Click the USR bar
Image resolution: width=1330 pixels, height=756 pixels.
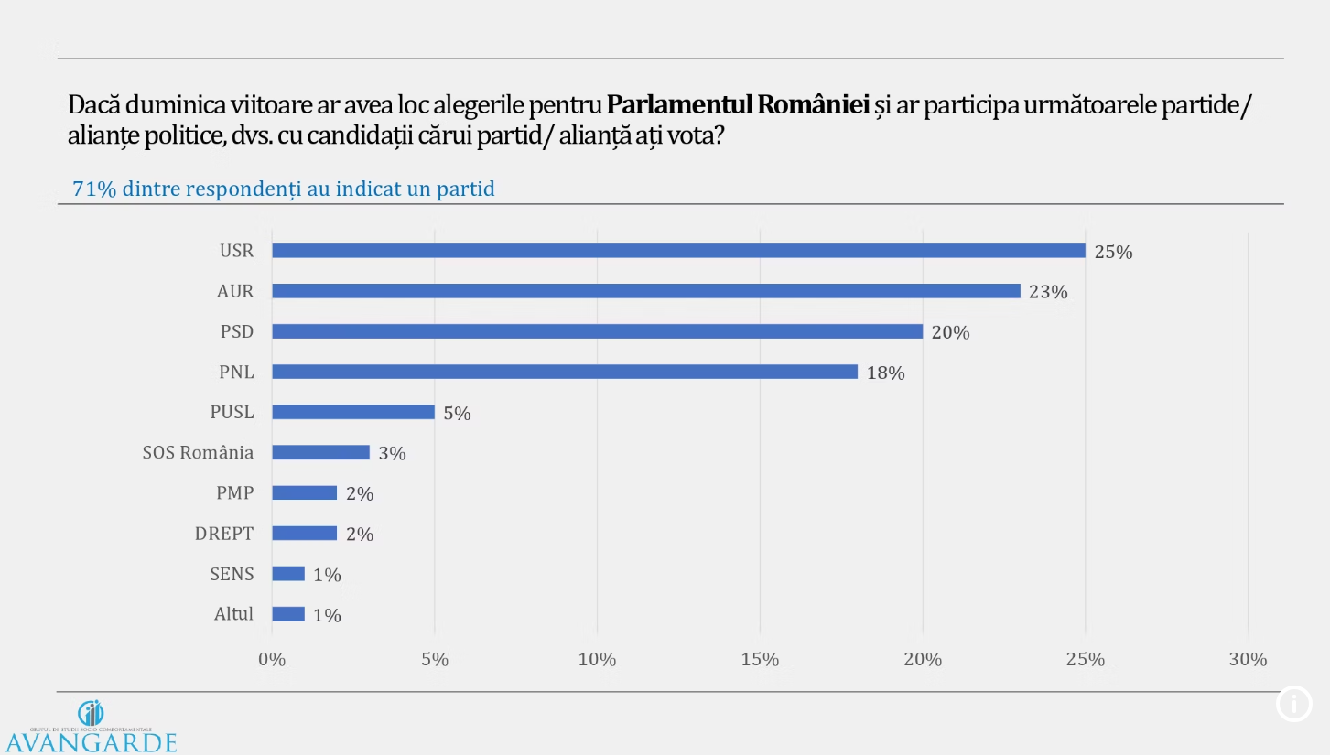678,251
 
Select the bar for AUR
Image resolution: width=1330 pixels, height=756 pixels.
646,291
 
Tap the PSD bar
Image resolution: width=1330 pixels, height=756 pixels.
597,331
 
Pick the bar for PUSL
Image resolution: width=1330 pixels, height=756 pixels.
353,412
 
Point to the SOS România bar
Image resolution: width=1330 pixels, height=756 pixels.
320,452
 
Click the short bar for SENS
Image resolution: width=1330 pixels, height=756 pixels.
288,574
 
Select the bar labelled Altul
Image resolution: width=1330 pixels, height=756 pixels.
288,614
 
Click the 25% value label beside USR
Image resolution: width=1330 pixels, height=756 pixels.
1113,253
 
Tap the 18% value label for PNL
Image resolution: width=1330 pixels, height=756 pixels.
885,373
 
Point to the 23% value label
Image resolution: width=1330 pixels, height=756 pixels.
1048,293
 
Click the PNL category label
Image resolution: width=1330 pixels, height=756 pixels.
236,372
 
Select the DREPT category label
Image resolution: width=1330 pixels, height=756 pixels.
224,534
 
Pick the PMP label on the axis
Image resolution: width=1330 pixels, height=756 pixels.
235,492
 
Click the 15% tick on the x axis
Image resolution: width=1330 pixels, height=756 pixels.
760,660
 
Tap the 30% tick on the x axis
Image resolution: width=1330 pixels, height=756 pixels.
1248,660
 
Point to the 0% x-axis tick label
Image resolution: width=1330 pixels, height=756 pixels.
272,660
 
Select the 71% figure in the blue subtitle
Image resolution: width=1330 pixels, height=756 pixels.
93,189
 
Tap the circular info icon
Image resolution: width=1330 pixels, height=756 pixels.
1293,704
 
